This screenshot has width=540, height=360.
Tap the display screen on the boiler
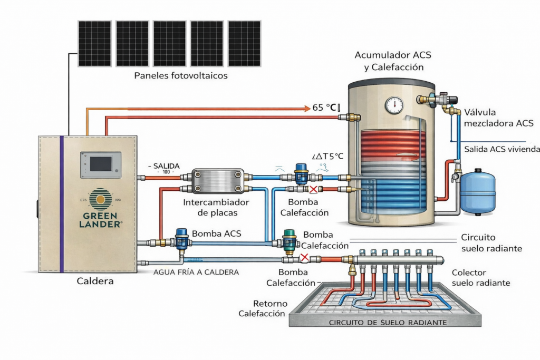click(100, 164)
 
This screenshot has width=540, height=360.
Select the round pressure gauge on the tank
click(394, 104)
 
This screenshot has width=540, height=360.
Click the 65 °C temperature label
click(325, 108)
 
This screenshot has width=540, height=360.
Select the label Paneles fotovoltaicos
click(181, 76)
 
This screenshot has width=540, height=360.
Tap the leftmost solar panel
click(95, 43)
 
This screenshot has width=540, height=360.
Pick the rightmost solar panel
click(244, 43)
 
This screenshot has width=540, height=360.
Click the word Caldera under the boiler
click(95, 281)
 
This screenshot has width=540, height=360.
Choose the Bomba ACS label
click(217, 233)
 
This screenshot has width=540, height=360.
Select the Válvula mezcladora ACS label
click(498, 118)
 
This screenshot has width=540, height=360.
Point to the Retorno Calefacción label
click(262, 308)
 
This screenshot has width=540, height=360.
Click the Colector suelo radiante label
click(481, 278)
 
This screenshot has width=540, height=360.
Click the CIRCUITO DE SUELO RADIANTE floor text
click(388, 322)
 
